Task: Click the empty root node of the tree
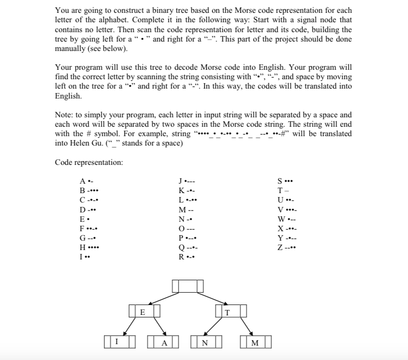[188, 286]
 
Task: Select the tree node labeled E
[143, 312]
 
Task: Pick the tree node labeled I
[116, 342]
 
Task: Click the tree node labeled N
[205, 342]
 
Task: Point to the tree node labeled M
[254, 342]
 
